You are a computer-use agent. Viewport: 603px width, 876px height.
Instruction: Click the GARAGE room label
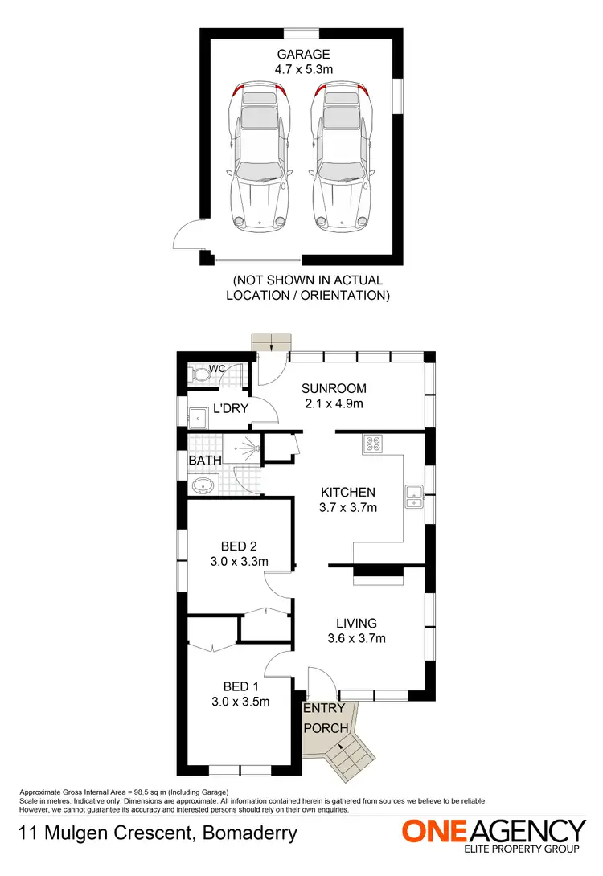[x=304, y=55]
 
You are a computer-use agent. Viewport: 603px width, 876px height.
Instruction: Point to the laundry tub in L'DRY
[x=198, y=416]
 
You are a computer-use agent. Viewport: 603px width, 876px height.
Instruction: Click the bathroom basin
[x=201, y=485]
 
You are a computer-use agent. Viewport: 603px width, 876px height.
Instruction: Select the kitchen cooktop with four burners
[x=374, y=444]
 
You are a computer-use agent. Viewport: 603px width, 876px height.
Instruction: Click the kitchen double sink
[x=415, y=497]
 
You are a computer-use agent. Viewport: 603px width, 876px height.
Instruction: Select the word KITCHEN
[x=348, y=492]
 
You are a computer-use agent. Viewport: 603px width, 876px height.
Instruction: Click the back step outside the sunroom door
[x=271, y=341]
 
